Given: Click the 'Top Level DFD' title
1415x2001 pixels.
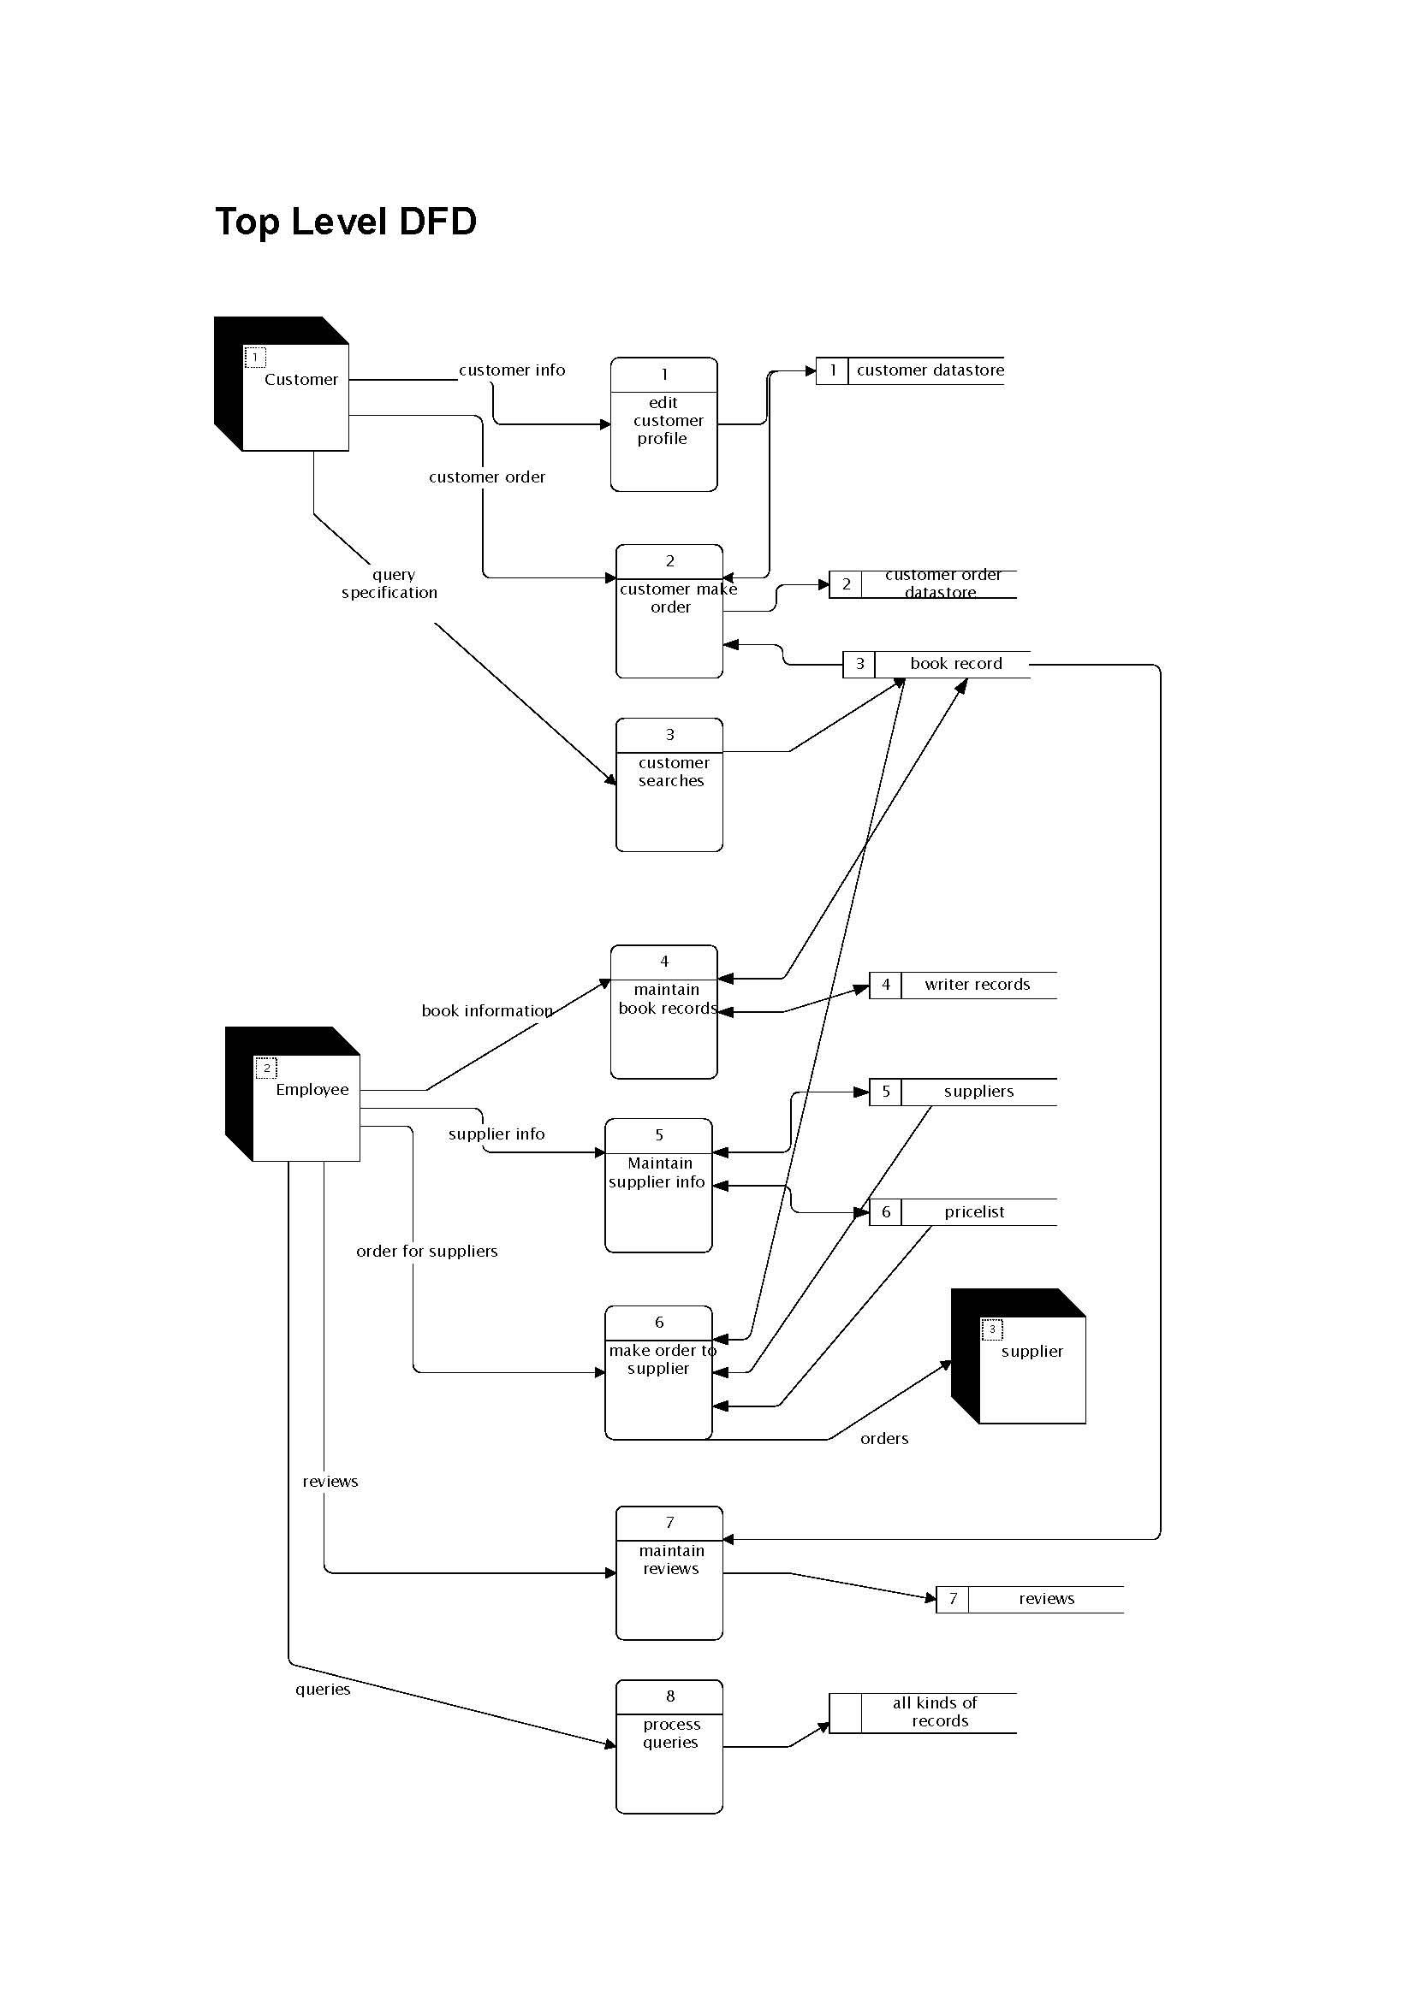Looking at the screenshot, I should point(345,222).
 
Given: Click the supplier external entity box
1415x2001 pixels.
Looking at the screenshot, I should point(1032,1367).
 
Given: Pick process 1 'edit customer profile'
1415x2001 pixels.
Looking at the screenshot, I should point(663,424).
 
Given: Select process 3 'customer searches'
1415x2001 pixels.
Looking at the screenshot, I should point(669,784).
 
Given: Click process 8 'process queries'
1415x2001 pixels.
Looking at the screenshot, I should point(669,1747).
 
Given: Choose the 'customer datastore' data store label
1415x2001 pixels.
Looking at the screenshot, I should point(930,370).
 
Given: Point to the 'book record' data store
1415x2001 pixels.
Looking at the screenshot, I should point(955,664).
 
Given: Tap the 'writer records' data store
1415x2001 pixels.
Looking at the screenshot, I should point(977,985).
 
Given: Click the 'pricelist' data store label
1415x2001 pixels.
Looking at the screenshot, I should point(974,1212).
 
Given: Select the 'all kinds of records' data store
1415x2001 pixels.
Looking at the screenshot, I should point(935,1712).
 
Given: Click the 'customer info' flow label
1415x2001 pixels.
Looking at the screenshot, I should point(512,370).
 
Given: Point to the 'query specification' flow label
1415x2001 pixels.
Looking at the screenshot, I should point(389,584).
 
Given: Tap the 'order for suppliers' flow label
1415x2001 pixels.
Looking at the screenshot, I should point(426,1252).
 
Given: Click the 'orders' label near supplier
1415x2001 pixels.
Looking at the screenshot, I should point(884,1439).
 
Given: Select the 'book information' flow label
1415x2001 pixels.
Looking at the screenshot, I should point(486,1011).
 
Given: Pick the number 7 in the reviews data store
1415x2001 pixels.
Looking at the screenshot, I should point(953,1599).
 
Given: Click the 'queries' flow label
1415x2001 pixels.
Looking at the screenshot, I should point(323,1689).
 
